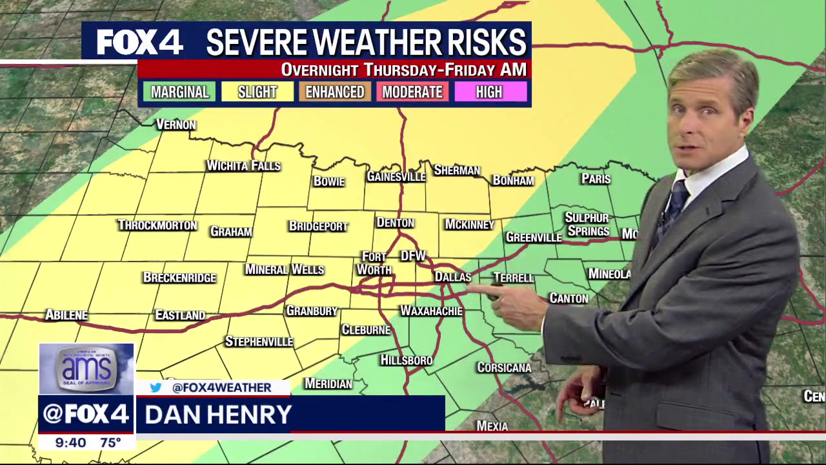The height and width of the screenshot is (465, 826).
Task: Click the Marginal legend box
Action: click(x=180, y=92)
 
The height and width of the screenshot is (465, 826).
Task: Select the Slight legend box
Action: click(x=257, y=92)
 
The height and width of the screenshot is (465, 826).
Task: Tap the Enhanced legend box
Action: click(x=335, y=92)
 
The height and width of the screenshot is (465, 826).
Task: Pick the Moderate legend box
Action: click(x=412, y=92)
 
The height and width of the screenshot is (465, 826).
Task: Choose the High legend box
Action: click(x=489, y=92)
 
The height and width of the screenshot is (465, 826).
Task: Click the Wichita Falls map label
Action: click(x=243, y=166)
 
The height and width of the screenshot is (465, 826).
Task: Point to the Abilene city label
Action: click(x=66, y=315)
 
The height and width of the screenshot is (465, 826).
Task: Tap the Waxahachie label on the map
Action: click(x=431, y=311)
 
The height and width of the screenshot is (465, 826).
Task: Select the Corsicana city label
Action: click(x=504, y=367)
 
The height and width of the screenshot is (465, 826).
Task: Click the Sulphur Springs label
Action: click(x=587, y=224)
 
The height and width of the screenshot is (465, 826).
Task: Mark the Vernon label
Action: click(x=176, y=125)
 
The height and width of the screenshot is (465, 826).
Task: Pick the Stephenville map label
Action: click(x=259, y=342)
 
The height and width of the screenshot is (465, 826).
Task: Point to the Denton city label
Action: click(x=395, y=223)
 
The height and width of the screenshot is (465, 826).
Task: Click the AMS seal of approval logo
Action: click(x=86, y=368)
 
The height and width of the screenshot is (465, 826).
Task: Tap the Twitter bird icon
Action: click(x=156, y=387)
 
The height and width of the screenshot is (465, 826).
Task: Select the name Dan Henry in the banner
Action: click(x=218, y=415)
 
